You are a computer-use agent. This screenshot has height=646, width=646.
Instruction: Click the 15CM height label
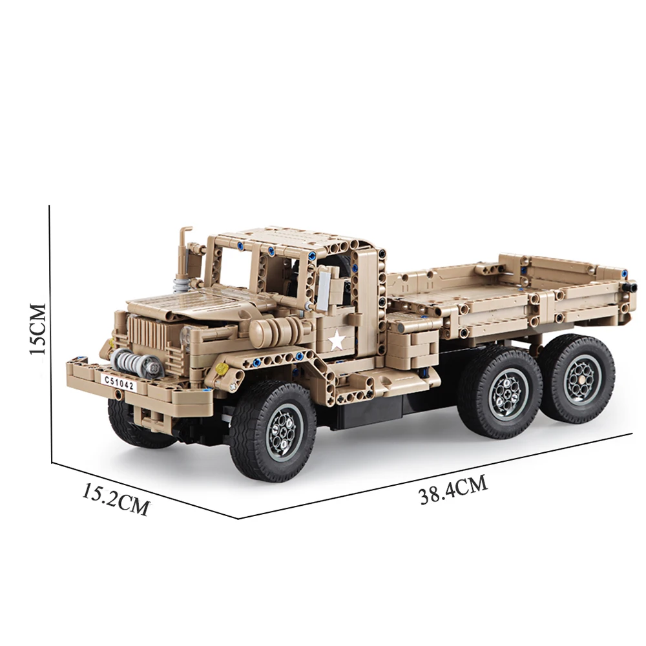(x=37, y=329)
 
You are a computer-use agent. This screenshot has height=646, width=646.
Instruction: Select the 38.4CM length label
(x=453, y=490)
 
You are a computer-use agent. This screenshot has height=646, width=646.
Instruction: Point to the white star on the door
(x=337, y=340)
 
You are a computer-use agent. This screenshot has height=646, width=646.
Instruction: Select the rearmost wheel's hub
(x=580, y=381)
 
